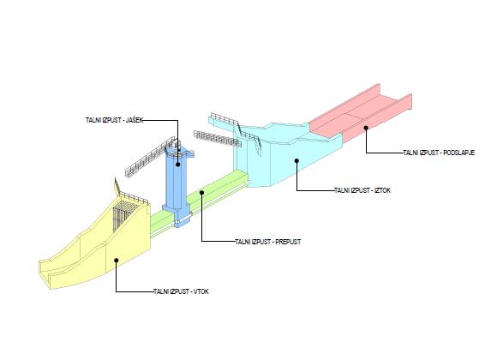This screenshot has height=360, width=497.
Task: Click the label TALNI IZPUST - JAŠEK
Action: (x=115, y=120)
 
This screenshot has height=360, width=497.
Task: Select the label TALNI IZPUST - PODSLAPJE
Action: (x=439, y=153)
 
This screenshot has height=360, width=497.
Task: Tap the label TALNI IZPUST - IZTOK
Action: (x=362, y=190)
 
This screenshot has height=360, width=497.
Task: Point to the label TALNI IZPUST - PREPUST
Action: (x=268, y=242)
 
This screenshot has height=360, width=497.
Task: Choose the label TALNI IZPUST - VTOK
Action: (x=181, y=291)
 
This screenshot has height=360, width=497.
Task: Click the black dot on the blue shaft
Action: (x=178, y=165)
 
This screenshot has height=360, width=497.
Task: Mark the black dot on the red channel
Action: (x=366, y=128)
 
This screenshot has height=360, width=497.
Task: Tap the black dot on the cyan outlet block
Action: (x=296, y=161)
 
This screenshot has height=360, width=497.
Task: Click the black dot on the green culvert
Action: (x=202, y=192)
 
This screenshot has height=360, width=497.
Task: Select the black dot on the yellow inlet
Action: (x=117, y=260)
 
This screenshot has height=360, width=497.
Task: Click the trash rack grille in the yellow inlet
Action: (x=122, y=217)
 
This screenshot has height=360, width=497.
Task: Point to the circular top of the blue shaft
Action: (x=179, y=153)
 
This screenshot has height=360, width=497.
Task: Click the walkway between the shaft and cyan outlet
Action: (x=218, y=139)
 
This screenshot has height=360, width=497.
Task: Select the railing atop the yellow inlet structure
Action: (x=132, y=195)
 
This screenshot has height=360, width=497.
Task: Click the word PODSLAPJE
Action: (x=459, y=153)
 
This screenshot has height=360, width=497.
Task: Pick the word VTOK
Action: (x=201, y=291)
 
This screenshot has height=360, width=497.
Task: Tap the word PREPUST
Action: (x=288, y=242)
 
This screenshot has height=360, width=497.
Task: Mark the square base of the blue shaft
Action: (x=177, y=216)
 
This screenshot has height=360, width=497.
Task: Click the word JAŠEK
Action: (x=135, y=120)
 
